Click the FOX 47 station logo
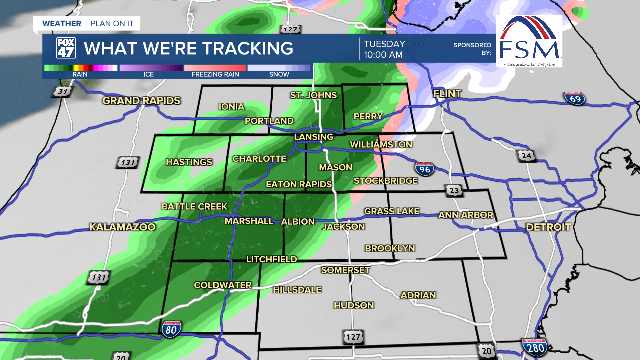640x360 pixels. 65,48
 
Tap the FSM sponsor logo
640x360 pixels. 529,41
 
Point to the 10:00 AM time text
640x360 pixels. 383,55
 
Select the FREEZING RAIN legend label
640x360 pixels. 215,74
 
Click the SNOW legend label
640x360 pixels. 279,74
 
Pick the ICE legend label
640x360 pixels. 149,74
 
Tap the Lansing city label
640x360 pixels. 314,137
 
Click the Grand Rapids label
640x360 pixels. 141,101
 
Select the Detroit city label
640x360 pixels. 548,227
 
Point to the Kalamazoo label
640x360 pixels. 123,227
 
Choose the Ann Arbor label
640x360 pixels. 466,215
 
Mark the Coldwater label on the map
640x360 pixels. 223,285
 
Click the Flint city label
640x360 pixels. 447,94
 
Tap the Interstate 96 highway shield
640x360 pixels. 424,169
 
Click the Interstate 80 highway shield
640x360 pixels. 171,328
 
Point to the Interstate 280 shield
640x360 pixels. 535,346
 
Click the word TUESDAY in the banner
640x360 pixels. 384,44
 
